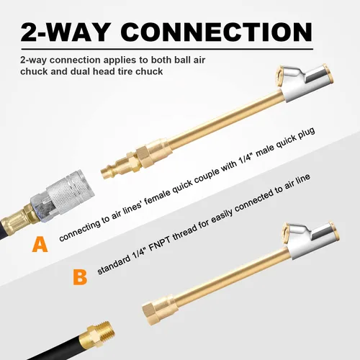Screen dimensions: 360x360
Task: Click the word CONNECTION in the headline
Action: tap(217, 32)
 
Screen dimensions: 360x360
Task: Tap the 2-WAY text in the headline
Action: tap(65, 32)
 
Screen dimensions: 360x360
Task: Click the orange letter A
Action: tap(40, 244)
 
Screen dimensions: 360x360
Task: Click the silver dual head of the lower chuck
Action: tap(311, 240)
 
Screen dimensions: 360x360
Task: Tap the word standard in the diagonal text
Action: tap(114, 264)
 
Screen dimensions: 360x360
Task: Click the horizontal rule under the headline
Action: tap(167, 49)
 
